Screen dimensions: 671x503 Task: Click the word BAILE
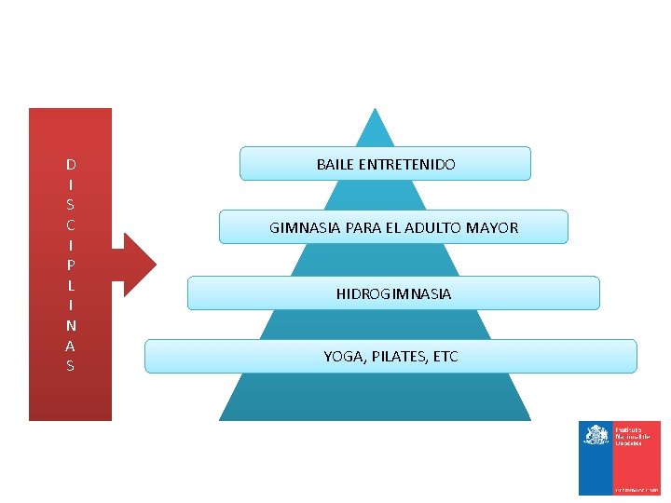334,164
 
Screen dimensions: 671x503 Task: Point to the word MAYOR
495,227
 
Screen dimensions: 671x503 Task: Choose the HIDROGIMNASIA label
393,294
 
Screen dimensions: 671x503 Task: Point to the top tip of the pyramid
375,112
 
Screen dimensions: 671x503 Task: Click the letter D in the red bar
71,165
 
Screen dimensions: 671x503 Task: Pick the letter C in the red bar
71,225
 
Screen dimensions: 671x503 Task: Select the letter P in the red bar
71,265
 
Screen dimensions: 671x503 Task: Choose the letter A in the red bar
71,346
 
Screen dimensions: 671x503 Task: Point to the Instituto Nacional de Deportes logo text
629,436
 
